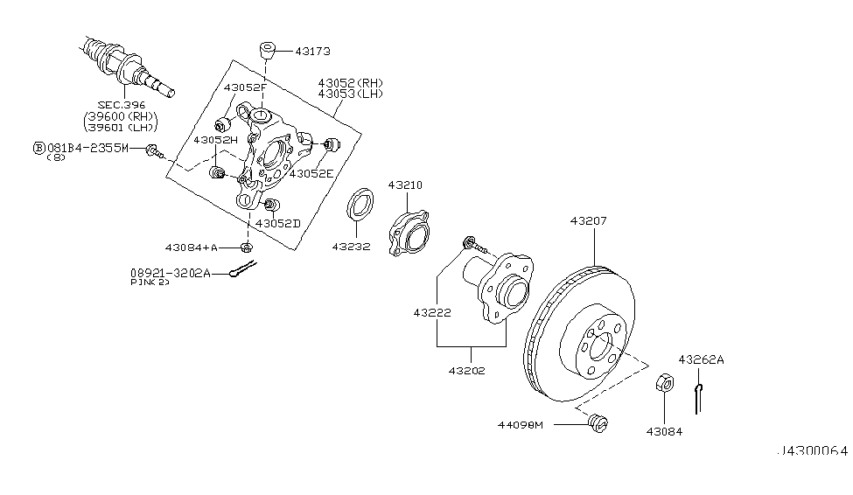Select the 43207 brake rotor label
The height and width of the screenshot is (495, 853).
(x=588, y=222)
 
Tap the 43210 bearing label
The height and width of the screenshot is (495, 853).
(x=406, y=185)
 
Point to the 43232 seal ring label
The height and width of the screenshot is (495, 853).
(x=351, y=247)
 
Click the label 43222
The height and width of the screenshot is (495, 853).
(x=433, y=311)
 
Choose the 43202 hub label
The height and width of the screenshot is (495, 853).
(x=468, y=371)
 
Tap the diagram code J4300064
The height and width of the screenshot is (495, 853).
(x=813, y=451)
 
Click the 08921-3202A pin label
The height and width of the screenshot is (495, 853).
(x=171, y=273)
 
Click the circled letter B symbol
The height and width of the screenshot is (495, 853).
(x=38, y=149)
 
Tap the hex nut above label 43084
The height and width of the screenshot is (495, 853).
(x=663, y=382)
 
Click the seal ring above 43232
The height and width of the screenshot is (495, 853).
(x=359, y=207)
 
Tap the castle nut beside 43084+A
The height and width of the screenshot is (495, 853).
(x=247, y=247)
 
